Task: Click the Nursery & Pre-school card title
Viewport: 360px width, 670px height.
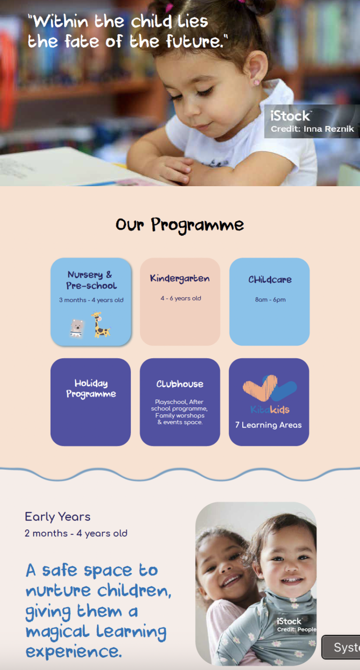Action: click(x=91, y=280)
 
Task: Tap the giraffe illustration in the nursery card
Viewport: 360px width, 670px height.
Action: click(x=100, y=324)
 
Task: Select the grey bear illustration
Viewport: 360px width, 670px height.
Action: click(x=77, y=328)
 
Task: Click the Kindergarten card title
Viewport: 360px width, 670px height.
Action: click(x=180, y=279)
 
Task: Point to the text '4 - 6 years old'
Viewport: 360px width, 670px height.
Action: click(x=180, y=298)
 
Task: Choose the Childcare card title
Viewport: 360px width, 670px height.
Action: click(x=270, y=279)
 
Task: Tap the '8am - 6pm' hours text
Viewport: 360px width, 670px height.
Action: click(x=270, y=300)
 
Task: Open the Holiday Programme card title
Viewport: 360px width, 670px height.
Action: click(x=91, y=389)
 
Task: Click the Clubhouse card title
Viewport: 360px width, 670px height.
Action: click(x=180, y=384)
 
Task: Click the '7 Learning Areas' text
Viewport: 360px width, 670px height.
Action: click(x=268, y=425)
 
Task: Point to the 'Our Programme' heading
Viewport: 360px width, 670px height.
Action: click(x=180, y=225)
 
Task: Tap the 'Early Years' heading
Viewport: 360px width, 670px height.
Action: click(x=58, y=517)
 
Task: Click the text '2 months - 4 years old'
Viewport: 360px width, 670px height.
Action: click(x=76, y=534)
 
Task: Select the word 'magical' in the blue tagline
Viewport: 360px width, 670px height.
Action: click(x=58, y=632)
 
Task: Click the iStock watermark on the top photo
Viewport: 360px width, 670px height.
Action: click(x=291, y=116)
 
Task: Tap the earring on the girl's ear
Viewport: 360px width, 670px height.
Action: click(x=256, y=83)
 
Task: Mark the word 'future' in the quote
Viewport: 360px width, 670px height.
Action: click(x=195, y=41)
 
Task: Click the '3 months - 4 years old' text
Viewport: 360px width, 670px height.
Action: click(x=91, y=300)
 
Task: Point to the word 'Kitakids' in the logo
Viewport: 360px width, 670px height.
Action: click(x=270, y=410)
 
